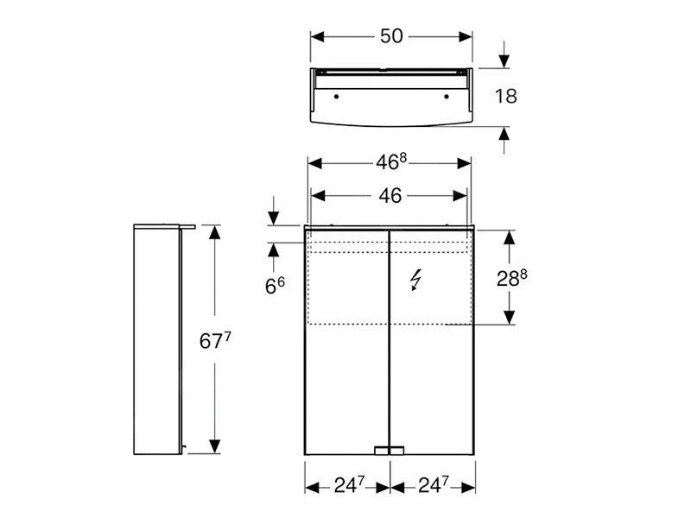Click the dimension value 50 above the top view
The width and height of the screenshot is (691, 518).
[391, 36]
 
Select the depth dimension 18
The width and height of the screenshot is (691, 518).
[506, 96]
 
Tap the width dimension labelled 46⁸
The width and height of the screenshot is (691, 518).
[390, 162]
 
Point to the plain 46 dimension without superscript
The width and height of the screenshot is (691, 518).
[390, 196]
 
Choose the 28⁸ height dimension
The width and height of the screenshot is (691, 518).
[510, 277]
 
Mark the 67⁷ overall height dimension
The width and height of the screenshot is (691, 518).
[216, 341]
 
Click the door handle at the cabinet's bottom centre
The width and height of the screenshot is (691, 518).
[390, 450]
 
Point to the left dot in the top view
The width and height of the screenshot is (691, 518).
[336, 95]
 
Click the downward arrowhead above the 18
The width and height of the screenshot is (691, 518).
[504, 61]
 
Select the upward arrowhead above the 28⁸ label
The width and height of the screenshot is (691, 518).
[510, 237]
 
